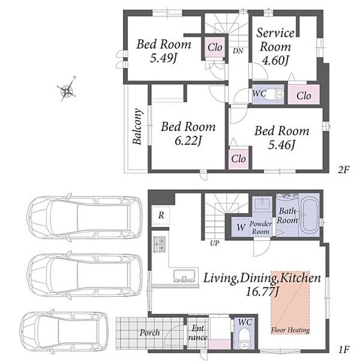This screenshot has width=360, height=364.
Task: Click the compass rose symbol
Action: click(67, 89)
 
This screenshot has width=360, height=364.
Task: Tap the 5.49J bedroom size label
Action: click(164, 58)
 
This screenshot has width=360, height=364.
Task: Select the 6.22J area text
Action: click(188, 141)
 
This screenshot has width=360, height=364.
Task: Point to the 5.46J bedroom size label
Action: click(282, 145)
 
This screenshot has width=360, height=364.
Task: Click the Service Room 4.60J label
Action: click(275, 47)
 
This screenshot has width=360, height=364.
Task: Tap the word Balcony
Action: click(138, 127)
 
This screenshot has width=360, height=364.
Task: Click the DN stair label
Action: click(238, 51)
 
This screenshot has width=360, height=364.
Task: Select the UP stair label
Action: click(215, 243)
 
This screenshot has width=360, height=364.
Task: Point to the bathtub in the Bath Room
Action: click(309, 215)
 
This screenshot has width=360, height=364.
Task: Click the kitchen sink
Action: click(184, 276)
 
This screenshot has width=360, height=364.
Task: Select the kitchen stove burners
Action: click(159, 244)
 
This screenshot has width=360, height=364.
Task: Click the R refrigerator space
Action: click(161, 215)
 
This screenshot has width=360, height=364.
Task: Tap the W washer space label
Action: click(241, 227)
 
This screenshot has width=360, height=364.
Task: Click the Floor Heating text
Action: click(290, 330)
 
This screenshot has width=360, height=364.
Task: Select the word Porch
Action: click(150, 332)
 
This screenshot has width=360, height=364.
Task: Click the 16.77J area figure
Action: click(262, 291)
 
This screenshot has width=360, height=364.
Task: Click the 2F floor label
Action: click(344, 170)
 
